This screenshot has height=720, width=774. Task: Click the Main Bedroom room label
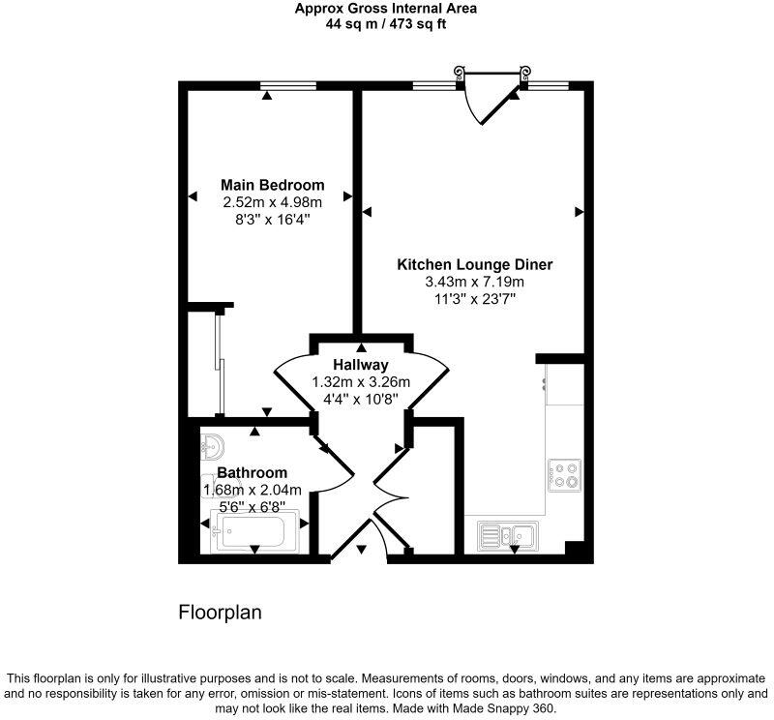[272, 185]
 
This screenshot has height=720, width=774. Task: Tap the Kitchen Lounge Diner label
[475, 264]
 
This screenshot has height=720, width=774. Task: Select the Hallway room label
[361, 365]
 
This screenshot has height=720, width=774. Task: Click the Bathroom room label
[252, 472]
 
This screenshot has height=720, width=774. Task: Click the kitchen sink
[510, 533]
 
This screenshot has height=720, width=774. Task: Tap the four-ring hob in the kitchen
[563, 475]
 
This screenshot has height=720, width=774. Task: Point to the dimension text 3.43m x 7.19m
[474, 282]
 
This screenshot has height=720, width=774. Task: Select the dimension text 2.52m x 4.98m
[272, 202]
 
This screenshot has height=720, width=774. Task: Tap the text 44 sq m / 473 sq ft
[386, 24]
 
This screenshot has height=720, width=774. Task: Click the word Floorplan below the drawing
[220, 613]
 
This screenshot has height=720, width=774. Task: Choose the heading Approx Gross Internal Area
[386, 9]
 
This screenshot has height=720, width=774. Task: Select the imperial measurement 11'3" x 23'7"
[474, 299]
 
